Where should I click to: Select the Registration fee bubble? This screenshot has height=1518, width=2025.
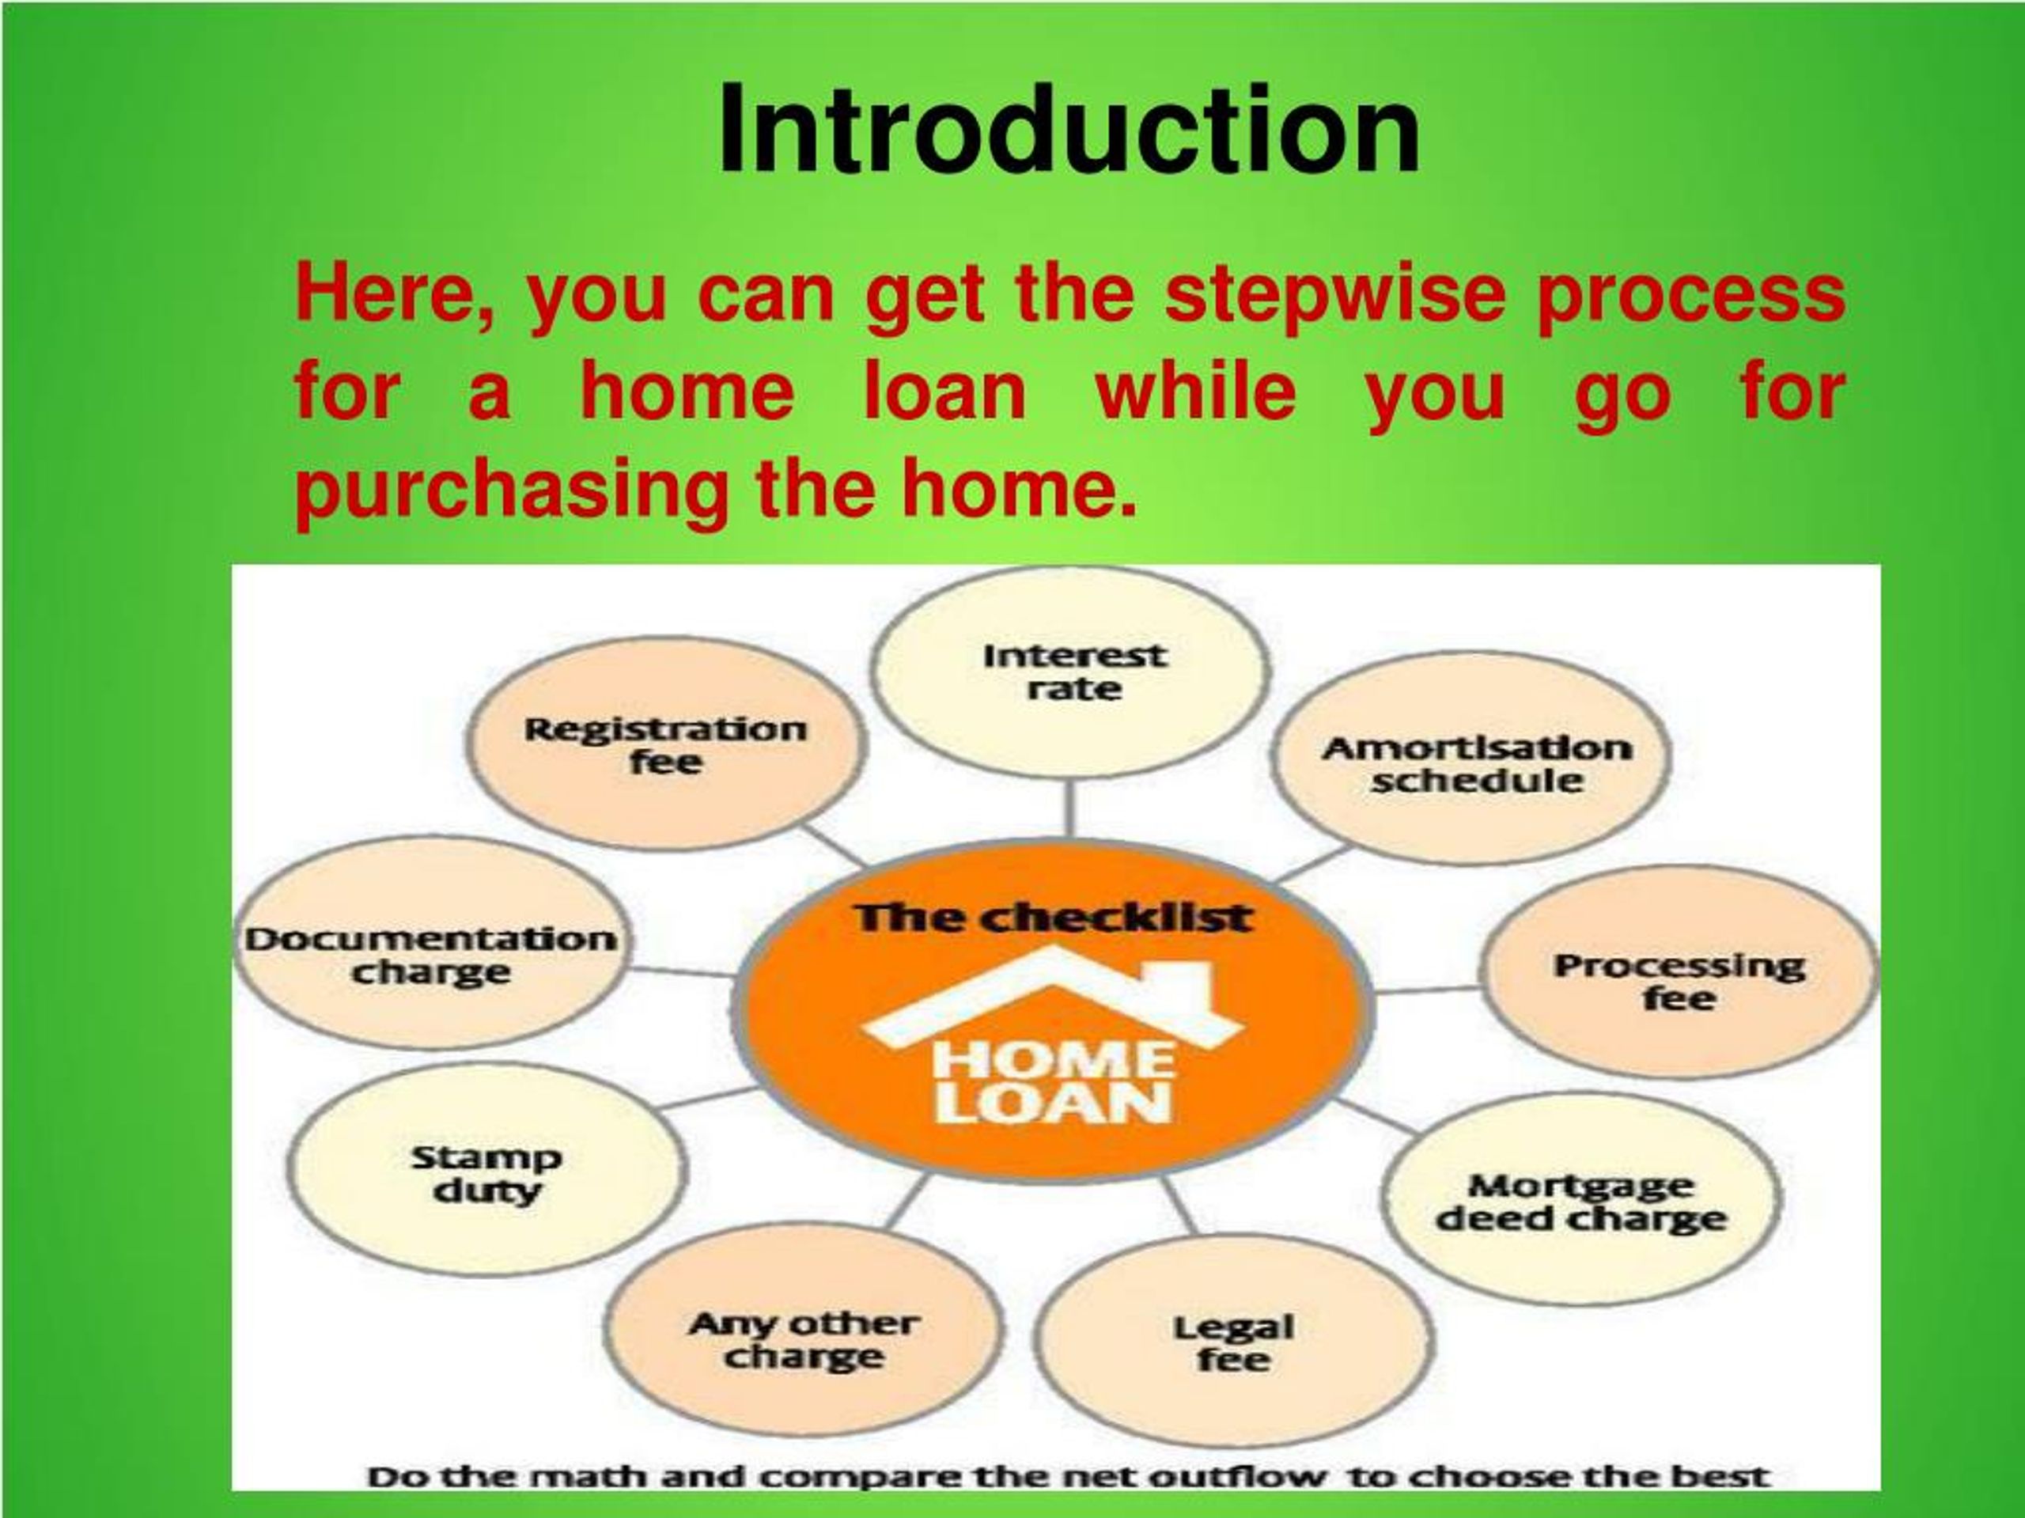[665, 744]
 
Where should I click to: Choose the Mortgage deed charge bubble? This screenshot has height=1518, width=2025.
[1581, 1202]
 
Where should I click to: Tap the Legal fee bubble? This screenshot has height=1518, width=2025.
[1233, 1342]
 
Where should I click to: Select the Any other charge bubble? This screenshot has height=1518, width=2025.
[803, 1338]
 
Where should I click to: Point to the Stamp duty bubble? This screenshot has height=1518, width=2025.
[486, 1174]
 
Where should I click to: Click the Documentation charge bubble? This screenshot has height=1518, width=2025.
[430, 954]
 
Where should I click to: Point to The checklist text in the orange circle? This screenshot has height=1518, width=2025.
[1053, 918]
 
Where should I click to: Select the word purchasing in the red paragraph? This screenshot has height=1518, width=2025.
[511, 490]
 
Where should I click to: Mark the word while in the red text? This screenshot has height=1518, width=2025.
[1195, 392]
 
